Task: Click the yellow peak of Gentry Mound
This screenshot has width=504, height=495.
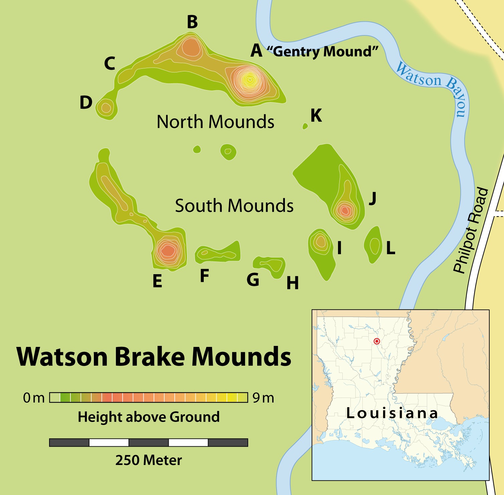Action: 249,80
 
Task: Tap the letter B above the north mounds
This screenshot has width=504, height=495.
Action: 192,22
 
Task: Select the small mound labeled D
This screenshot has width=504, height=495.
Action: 106,108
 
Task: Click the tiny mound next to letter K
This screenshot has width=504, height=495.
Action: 305,126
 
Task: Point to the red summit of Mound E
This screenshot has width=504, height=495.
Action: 168,250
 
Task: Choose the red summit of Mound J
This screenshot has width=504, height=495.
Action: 344,210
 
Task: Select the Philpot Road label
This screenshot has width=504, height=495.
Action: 471,230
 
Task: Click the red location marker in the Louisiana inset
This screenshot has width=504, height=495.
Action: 377,341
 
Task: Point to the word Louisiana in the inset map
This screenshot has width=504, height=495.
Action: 392,413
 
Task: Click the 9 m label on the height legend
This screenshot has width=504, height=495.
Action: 263,398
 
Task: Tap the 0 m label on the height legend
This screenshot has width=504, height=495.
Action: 34,398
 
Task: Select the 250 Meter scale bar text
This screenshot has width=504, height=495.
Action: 149,460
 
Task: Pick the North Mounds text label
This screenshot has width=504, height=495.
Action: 215,122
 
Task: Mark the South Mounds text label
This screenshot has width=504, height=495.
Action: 234,205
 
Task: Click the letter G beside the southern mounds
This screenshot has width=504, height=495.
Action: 253,280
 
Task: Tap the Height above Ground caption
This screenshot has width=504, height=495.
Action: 149,417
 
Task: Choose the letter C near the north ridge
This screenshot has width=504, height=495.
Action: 110,63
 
